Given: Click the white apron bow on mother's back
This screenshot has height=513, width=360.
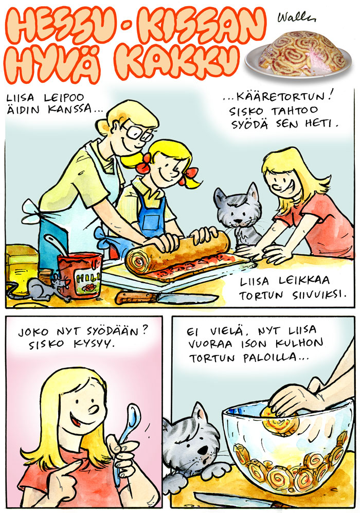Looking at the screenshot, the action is click(33, 211).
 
